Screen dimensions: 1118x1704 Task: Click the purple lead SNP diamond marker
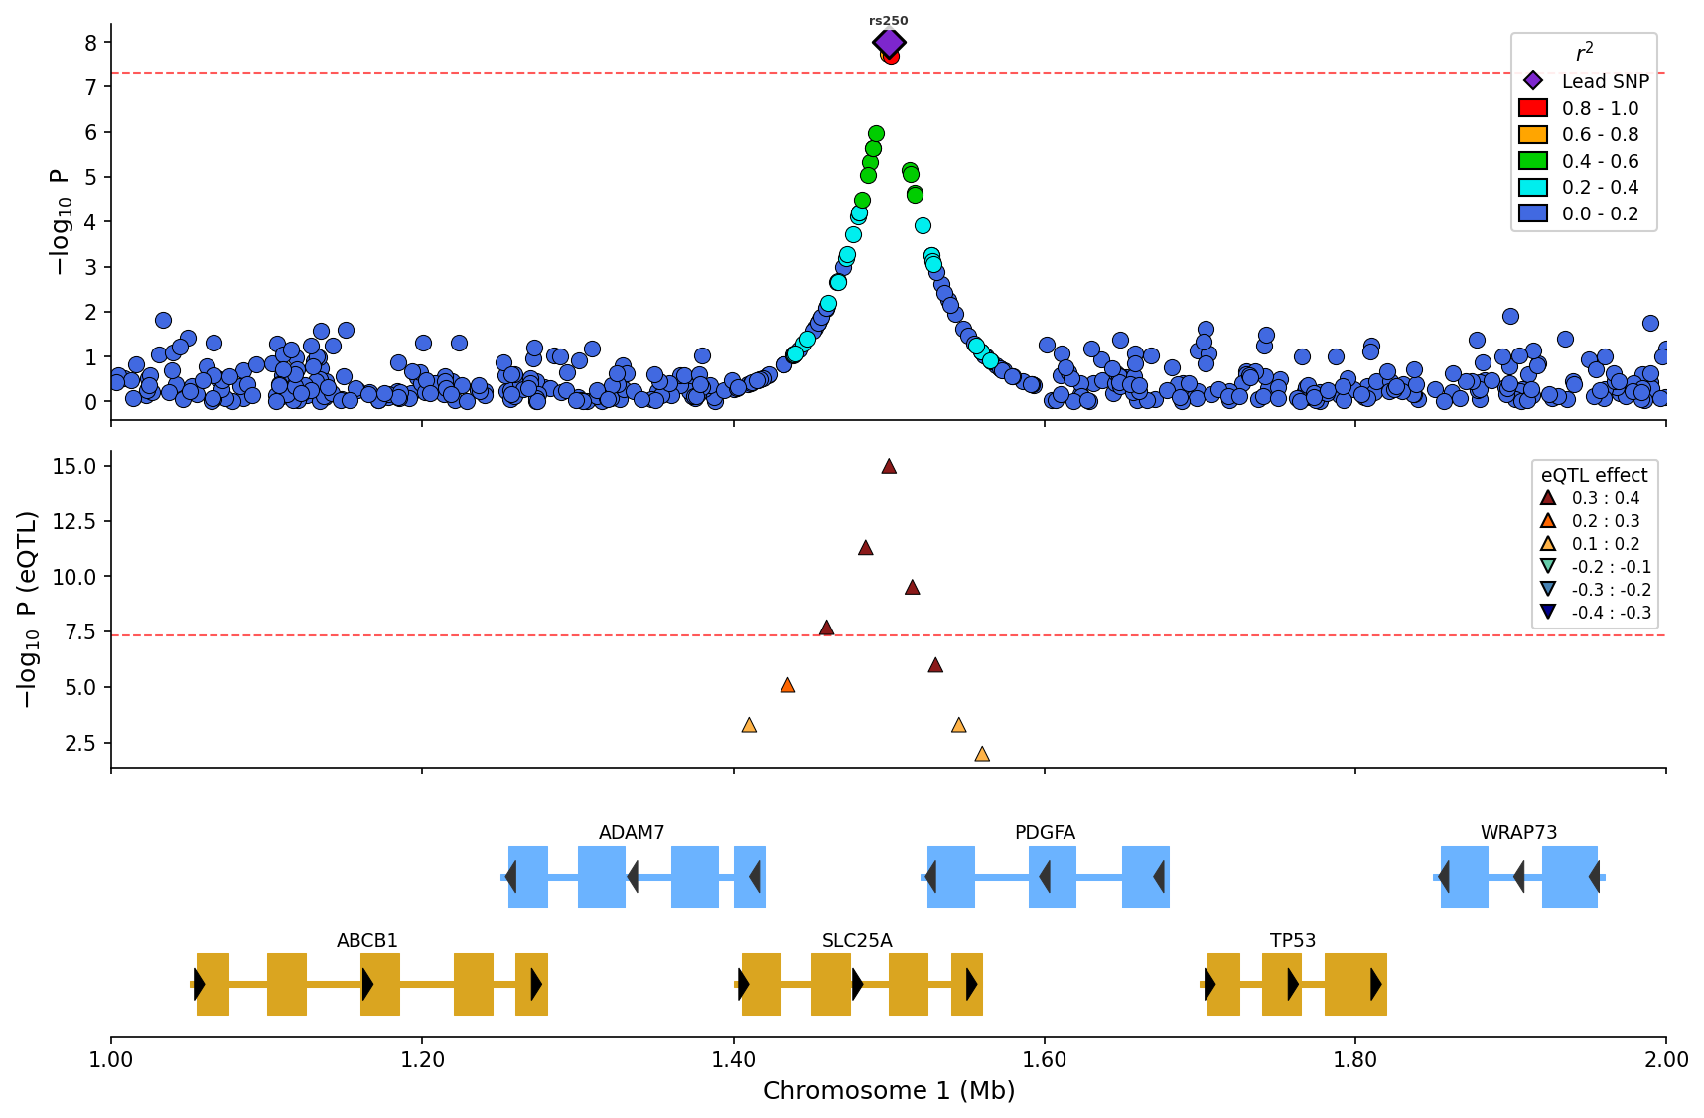pos(889,43)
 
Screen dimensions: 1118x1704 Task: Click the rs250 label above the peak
pos(889,21)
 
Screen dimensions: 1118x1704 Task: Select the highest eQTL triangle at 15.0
pos(889,466)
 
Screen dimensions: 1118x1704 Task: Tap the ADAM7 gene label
pos(632,833)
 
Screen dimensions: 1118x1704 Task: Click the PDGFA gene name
pos(1045,833)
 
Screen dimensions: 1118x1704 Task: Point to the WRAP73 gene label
pos(1518,833)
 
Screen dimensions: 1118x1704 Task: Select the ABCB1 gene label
pos(367,941)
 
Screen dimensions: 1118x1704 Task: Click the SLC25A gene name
pos(857,941)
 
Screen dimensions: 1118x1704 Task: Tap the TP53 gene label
pos(1293,941)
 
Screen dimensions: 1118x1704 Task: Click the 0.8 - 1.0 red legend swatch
pos(1533,108)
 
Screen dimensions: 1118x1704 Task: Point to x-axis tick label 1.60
pos(1045,1060)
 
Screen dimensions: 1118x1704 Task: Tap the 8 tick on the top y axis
pos(90,43)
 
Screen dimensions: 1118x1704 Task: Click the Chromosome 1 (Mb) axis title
pos(889,1091)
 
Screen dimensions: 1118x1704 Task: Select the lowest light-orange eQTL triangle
pos(982,754)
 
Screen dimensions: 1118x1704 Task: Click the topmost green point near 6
pos(876,133)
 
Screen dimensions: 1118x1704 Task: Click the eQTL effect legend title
pos(1594,476)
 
